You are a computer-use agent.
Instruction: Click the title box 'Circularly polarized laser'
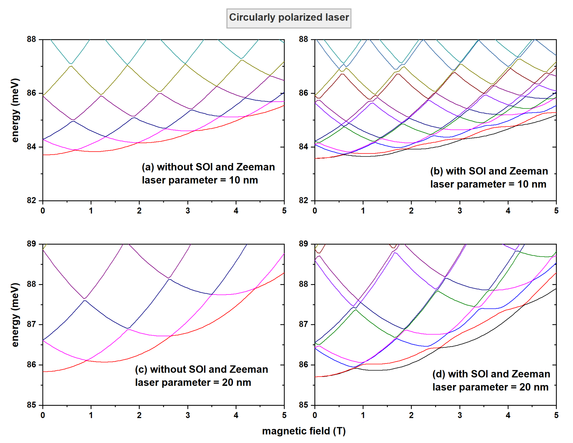coord(289,18)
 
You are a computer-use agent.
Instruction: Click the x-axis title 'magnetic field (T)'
coord(304,431)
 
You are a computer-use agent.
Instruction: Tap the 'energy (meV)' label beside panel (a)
coord(15,110)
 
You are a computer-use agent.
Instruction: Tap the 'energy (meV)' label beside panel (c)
coord(15,315)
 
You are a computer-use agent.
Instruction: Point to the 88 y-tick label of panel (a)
coord(31,39)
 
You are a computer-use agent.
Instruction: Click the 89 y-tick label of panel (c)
coord(31,244)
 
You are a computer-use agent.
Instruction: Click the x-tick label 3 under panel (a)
coord(188,211)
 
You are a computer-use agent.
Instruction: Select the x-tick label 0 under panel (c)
coord(43,415)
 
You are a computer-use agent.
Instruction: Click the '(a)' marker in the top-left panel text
coord(148,167)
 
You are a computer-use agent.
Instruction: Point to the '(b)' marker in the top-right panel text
coord(436,171)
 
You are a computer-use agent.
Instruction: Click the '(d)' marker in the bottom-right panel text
coord(439,374)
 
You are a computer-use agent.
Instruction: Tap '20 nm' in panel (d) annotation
coord(534,387)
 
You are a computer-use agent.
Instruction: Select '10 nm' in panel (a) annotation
coord(243,180)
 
